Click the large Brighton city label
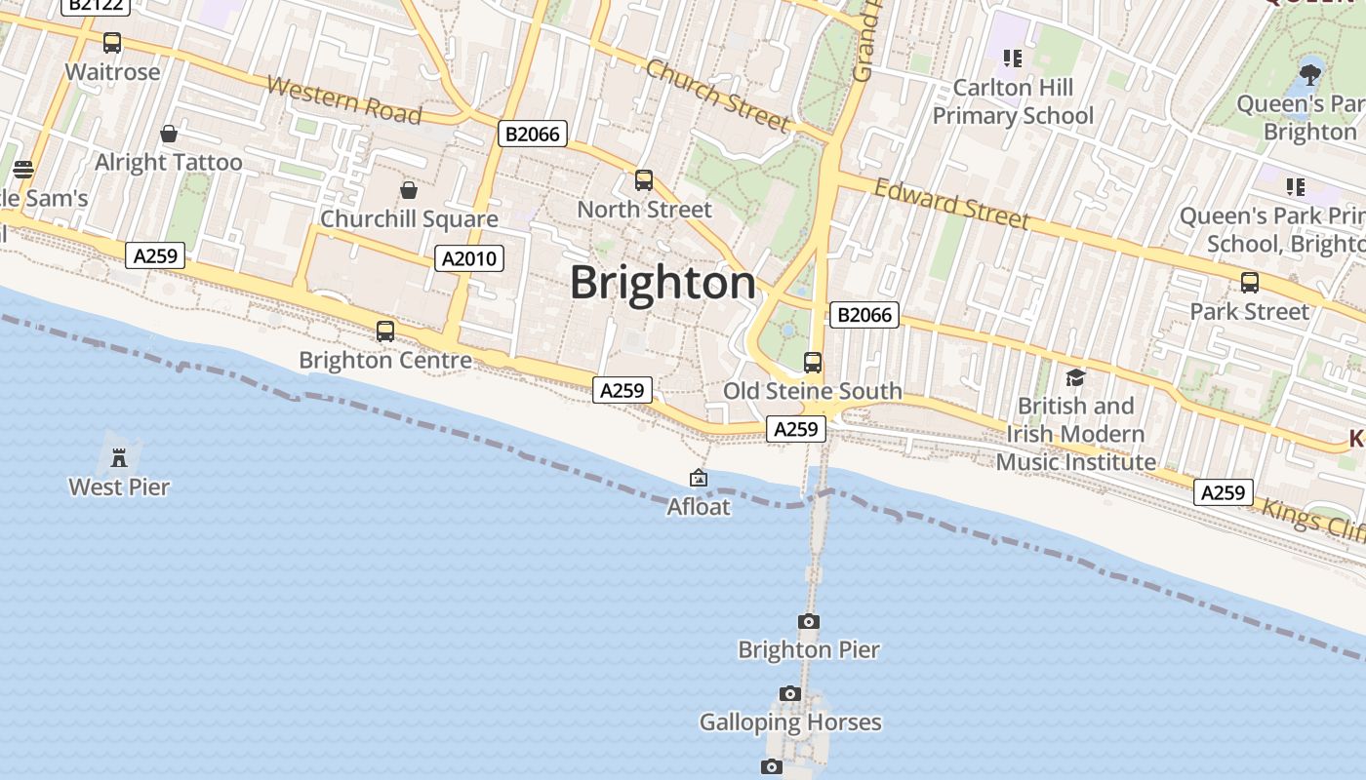(663, 283)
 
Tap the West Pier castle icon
(119, 456)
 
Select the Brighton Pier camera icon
(808, 621)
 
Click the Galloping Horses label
(790, 722)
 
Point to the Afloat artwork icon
(699, 478)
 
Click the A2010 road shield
(469, 258)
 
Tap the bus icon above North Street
(644, 179)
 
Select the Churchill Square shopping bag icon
(409, 189)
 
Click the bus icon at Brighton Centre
(385, 331)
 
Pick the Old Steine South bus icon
(813, 362)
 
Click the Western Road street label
(343, 99)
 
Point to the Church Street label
(717, 95)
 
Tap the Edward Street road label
(951, 203)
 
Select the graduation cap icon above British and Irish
(1075, 376)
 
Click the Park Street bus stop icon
(1250, 283)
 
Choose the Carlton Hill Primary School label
(1013, 101)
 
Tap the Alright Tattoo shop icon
(169, 133)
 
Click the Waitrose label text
(112, 72)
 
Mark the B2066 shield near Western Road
(532, 134)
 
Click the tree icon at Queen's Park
(1310, 72)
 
